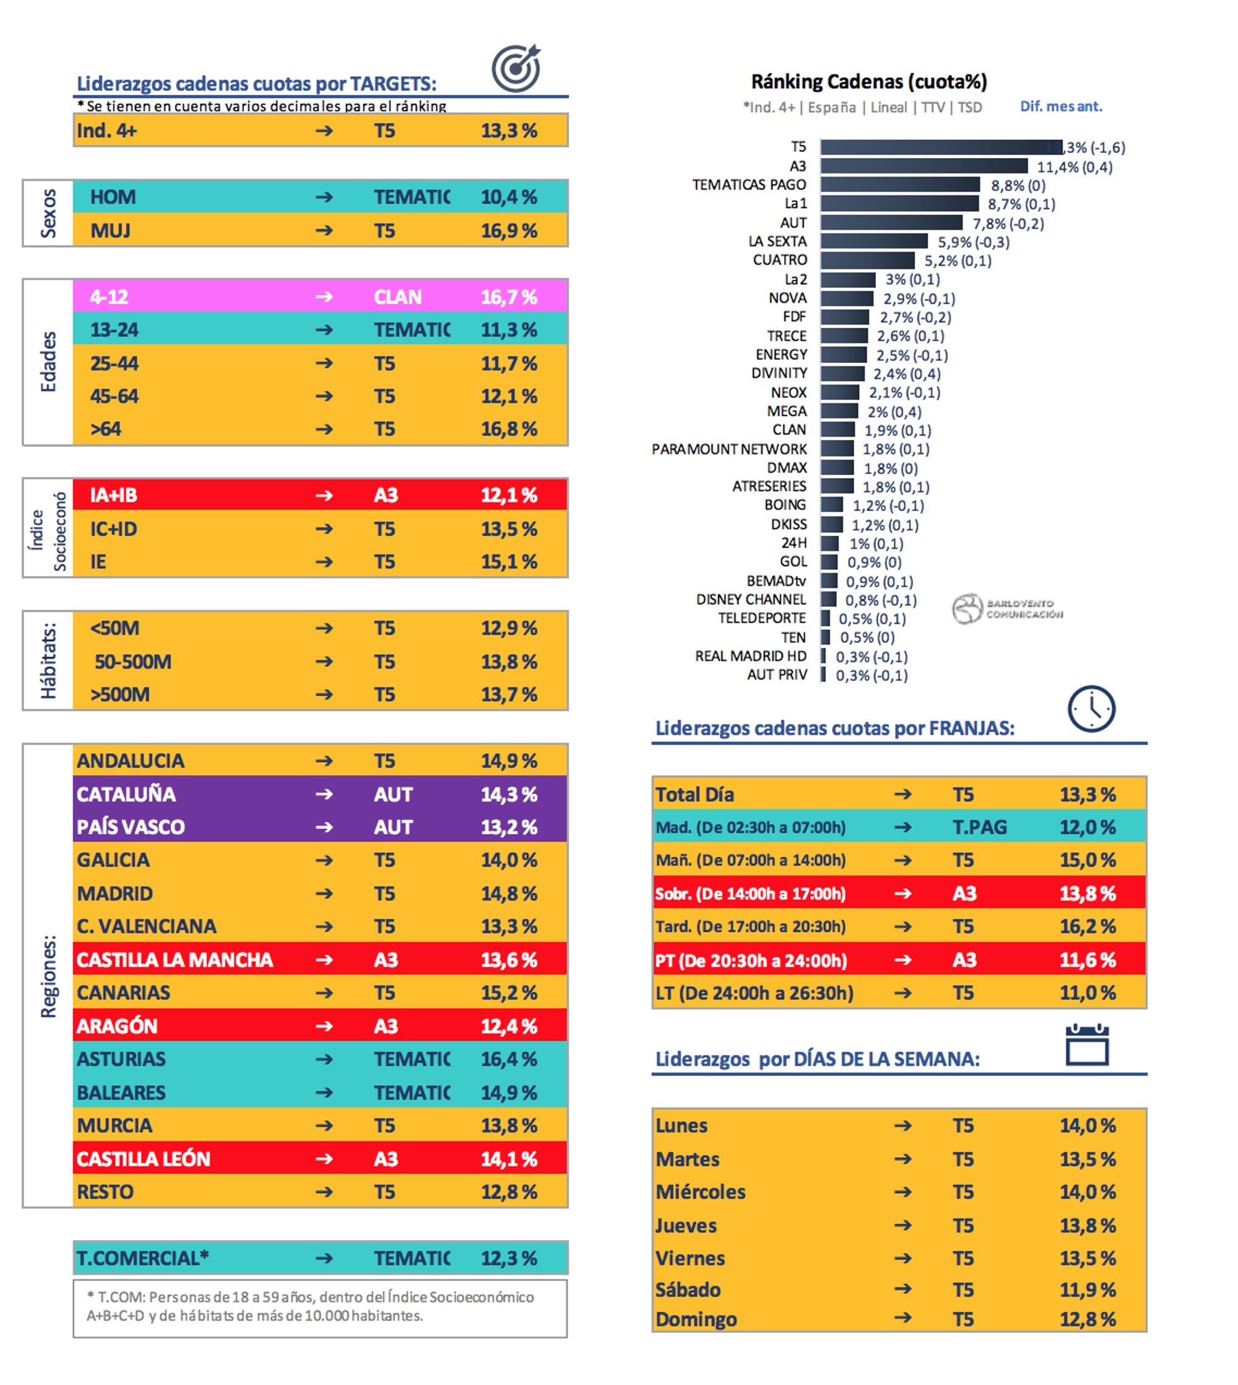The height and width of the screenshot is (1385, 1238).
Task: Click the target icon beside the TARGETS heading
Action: (x=516, y=69)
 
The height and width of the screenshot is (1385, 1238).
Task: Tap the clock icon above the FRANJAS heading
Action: (x=1091, y=709)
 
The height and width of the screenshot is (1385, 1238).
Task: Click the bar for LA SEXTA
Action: (x=873, y=241)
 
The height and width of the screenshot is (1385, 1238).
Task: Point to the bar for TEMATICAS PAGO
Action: (x=899, y=185)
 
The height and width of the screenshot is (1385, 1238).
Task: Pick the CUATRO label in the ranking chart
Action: (x=779, y=260)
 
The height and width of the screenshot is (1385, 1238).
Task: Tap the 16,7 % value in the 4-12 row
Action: (x=509, y=297)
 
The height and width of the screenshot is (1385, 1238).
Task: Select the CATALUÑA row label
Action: (x=126, y=794)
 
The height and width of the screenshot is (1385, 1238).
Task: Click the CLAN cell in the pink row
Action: (x=397, y=297)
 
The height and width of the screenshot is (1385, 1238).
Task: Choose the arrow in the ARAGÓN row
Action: (x=324, y=1026)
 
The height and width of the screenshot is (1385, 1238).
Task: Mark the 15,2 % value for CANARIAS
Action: (x=509, y=992)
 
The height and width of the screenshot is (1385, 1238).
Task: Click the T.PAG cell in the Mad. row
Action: (x=979, y=827)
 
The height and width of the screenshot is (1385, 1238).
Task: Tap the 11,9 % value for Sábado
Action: (x=1087, y=1290)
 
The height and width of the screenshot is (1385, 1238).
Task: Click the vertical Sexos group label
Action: (x=48, y=213)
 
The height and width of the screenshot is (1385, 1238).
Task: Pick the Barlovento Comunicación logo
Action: (x=1006, y=608)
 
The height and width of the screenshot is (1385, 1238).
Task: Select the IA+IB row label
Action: (x=114, y=495)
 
